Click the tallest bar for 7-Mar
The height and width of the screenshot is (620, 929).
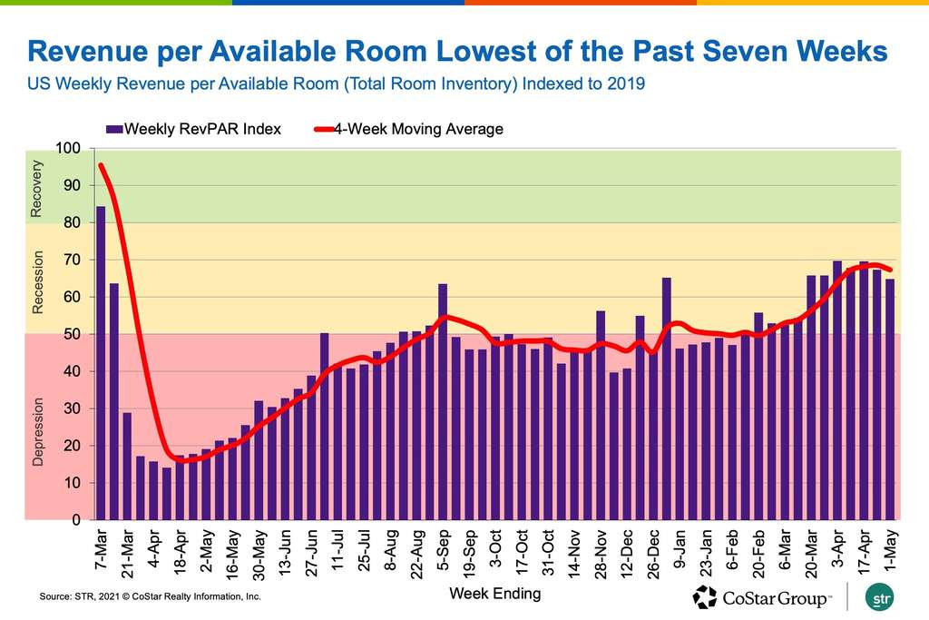(x=101, y=363)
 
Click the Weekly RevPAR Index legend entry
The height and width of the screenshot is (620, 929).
(x=193, y=129)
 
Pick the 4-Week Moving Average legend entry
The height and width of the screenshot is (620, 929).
(x=417, y=129)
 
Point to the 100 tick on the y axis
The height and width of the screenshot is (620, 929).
(x=69, y=148)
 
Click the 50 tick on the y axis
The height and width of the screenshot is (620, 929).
(x=73, y=334)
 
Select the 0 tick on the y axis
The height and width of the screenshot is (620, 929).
(x=77, y=520)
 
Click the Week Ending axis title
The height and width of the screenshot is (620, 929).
(x=494, y=595)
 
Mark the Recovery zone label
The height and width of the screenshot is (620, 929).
(x=37, y=189)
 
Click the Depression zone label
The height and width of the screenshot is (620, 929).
(x=37, y=429)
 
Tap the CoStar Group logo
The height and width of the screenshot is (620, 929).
(x=761, y=597)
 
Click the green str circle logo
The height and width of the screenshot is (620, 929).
(x=879, y=597)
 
